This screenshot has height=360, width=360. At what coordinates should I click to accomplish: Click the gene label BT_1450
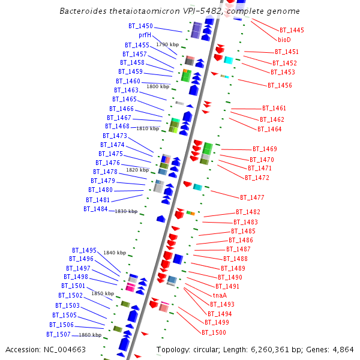click(x=140, y=26)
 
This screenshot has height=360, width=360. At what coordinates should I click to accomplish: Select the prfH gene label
click(x=145, y=35)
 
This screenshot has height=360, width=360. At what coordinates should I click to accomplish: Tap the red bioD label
click(x=284, y=39)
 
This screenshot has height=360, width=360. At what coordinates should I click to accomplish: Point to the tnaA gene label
click(x=220, y=295)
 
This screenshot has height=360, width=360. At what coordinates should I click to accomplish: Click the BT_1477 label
click(x=252, y=197)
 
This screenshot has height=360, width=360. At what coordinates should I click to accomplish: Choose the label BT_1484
click(x=96, y=209)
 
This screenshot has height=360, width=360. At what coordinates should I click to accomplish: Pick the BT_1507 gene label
click(x=59, y=334)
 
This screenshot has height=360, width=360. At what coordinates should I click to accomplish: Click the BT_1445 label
click(x=292, y=30)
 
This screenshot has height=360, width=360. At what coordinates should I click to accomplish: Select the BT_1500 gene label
click(x=214, y=332)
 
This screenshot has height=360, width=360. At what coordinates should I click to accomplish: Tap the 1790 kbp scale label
click(x=167, y=44)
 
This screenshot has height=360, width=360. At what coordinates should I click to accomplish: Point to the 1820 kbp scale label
click(x=137, y=170)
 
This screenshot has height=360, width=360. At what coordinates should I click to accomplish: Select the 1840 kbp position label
click(x=115, y=253)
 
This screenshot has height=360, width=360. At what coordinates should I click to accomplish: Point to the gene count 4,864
click(x=343, y=349)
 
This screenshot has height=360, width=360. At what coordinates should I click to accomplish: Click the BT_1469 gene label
click(x=265, y=149)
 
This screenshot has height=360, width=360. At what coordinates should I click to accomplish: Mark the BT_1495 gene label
click(x=84, y=250)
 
